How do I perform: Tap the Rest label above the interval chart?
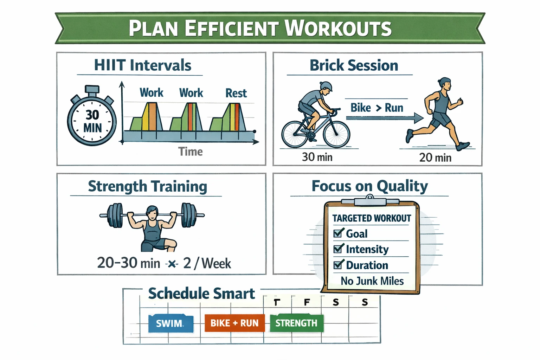pyautogui.click(x=236, y=93)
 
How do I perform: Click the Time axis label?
pyautogui.click(x=190, y=152)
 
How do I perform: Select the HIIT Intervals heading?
pyautogui.click(x=142, y=65)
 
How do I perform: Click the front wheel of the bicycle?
pyautogui.click(x=336, y=134)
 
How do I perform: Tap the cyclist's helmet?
pyautogui.click(x=326, y=86)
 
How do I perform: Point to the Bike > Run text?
pyautogui.click(x=377, y=108)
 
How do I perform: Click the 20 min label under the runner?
pyautogui.click(x=435, y=157)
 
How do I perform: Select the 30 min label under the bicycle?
pyautogui.click(x=317, y=157)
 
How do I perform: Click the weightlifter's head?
pyautogui.click(x=152, y=212)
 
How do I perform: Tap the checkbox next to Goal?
pyautogui.click(x=338, y=233)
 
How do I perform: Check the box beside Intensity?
pyautogui.click(x=338, y=249)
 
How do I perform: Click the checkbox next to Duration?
pyautogui.click(x=338, y=264)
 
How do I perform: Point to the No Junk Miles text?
pyautogui.click(x=372, y=281)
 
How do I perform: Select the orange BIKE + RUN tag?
pyautogui.click(x=234, y=323)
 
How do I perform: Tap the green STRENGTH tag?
pyautogui.click(x=296, y=323)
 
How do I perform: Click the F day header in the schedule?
pyautogui.click(x=307, y=302)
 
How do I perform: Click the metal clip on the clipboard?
pyautogui.click(x=370, y=201)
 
